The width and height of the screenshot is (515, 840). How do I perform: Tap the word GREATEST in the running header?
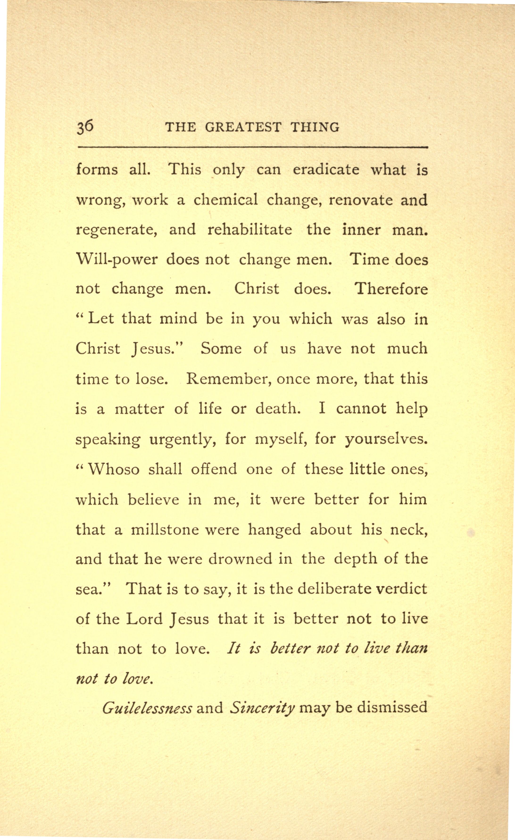pos(243,128)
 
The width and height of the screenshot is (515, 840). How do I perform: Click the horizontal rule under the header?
pos(252,148)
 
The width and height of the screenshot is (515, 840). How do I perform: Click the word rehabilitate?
pos(249,229)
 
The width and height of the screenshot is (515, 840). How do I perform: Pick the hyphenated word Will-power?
pos(117,260)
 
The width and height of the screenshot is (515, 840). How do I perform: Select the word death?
pos(278,408)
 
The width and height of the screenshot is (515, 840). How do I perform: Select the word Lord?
pos(144,619)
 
